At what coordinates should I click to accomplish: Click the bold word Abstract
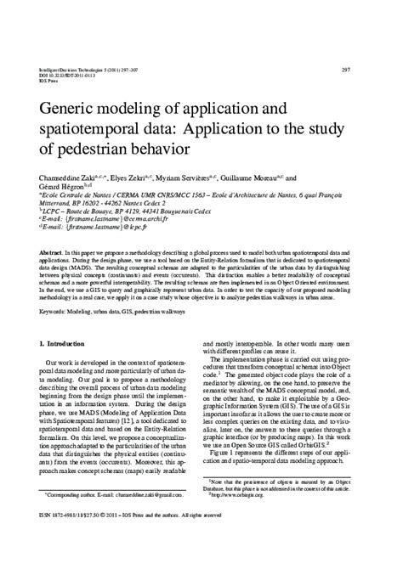point(52,254)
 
